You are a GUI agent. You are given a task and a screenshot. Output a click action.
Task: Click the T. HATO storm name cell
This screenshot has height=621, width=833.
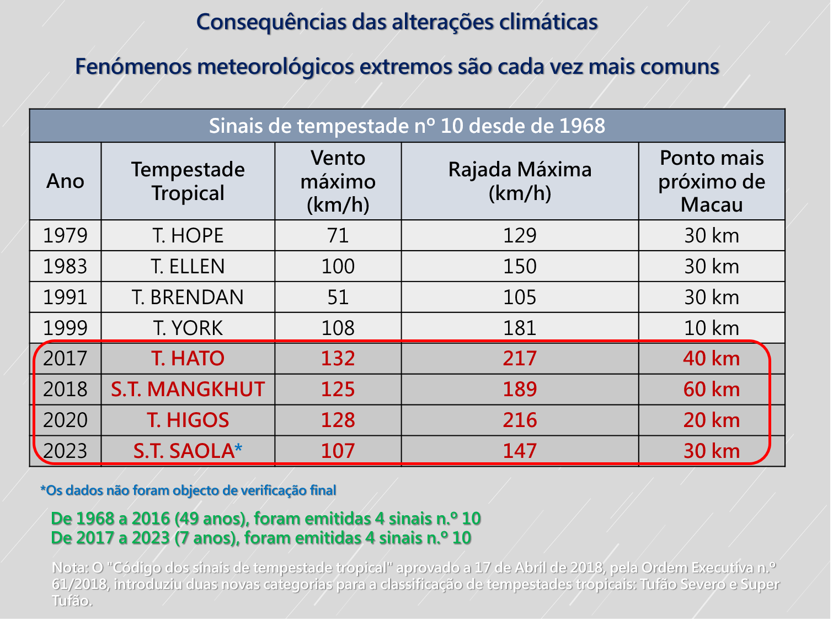pyautogui.click(x=188, y=359)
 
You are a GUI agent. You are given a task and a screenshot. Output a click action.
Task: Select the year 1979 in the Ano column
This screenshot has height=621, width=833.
pyautogui.click(x=65, y=236)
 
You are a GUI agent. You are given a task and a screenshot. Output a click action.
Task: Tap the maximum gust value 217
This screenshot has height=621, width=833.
pyautogui.click(x=520, y=359)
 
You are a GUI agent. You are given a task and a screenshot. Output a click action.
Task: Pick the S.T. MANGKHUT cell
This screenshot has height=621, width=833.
pyautogui.click(x=188, y=390)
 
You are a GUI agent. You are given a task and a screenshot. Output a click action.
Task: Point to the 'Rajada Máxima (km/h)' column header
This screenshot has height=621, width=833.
pyautogui.click(x=520, y=181)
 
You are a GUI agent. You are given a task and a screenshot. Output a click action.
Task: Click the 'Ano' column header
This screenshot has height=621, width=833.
pyautogui.click(x=65, y=181)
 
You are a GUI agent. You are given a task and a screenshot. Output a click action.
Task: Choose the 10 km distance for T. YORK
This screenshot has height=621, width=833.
pyautogui.click(x=712, y=328)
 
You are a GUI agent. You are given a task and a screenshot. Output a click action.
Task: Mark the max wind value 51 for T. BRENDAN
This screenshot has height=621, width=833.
pyautogui.click(x=338, y=298)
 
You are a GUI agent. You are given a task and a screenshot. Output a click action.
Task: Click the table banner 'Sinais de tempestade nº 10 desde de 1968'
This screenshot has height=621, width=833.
pyautogui.click(x=407, y=126)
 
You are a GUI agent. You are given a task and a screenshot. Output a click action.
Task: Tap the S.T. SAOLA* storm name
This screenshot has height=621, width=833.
pyautogui.click(x=188, y=451)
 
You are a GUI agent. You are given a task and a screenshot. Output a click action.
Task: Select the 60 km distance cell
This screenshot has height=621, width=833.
pyautogui.click(x=712, y=390)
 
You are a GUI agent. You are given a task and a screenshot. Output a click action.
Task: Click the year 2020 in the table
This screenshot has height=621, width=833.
pyautogui.click(x=65, y=420)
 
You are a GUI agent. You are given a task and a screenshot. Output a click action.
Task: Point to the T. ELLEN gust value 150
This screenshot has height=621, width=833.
pyautogui.click(x=520, y=267)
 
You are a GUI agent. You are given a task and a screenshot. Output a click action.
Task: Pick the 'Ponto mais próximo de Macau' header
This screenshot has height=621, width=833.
pyautogui.click(x=712, y=181)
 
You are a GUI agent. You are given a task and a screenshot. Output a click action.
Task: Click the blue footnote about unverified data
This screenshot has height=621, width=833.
pyautogui.click(x=188, y=490)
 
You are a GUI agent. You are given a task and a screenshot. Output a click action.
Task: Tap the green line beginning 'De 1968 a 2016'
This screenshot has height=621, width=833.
pyautogui.click(x=266, y=519)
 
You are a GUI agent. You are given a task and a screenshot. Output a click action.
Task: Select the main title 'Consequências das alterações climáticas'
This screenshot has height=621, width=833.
pyautogui.click(x=397, y=22)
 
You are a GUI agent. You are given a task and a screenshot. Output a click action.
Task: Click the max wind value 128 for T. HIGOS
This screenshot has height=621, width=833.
pyautogui.click(x=338, y=420)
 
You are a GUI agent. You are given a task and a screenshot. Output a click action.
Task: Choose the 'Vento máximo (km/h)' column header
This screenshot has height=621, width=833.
pyautogui.click(x=338, y=181)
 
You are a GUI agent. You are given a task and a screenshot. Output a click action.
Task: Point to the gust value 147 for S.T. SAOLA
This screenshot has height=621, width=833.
pyautogui.click(x=520, y=451)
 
